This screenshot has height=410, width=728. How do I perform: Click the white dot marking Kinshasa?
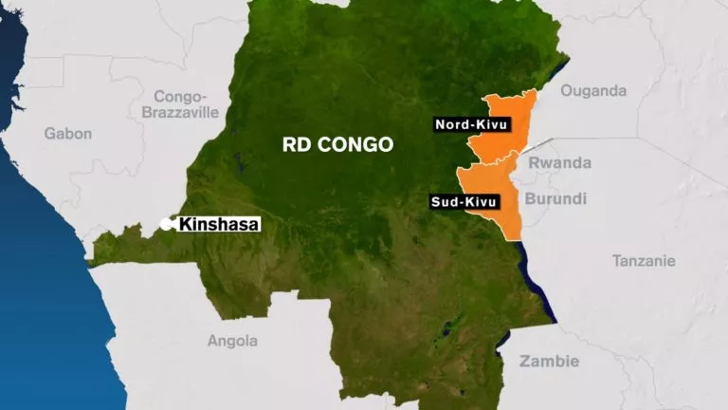pos(166,224)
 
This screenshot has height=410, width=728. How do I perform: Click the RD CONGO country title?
pos(337,145)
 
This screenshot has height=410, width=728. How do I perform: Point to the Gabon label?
pos(68,133)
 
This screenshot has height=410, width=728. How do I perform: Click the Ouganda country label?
pos(594,91)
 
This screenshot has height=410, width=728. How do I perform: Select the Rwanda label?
pos(559,163)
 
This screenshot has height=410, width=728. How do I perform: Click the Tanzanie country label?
pos(644,260)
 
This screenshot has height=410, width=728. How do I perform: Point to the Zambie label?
pos(549,361)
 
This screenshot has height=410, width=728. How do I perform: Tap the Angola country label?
pos(232,341)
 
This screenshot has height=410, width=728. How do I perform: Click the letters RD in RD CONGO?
pos(295,145)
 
